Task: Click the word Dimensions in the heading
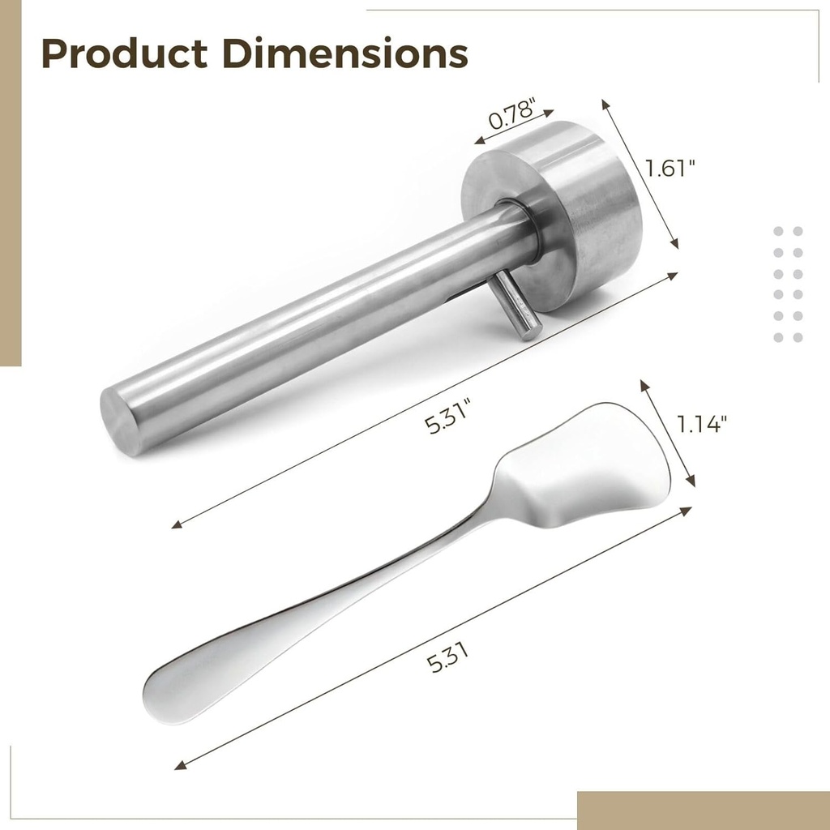click(x=345, y=53)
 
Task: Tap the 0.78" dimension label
click(x=513, y=111)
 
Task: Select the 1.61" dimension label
click(x=671, y=168)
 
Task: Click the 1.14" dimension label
click(x=702, y=423)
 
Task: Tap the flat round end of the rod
click(x=122, y=420)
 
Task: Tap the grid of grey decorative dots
click(x=787, y=284)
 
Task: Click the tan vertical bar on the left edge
click(x=10, y=182)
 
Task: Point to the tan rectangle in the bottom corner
click(x=703, y=810)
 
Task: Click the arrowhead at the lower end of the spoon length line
click(x=180, y=765)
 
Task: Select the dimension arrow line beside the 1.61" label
click(x=640, y=174)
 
